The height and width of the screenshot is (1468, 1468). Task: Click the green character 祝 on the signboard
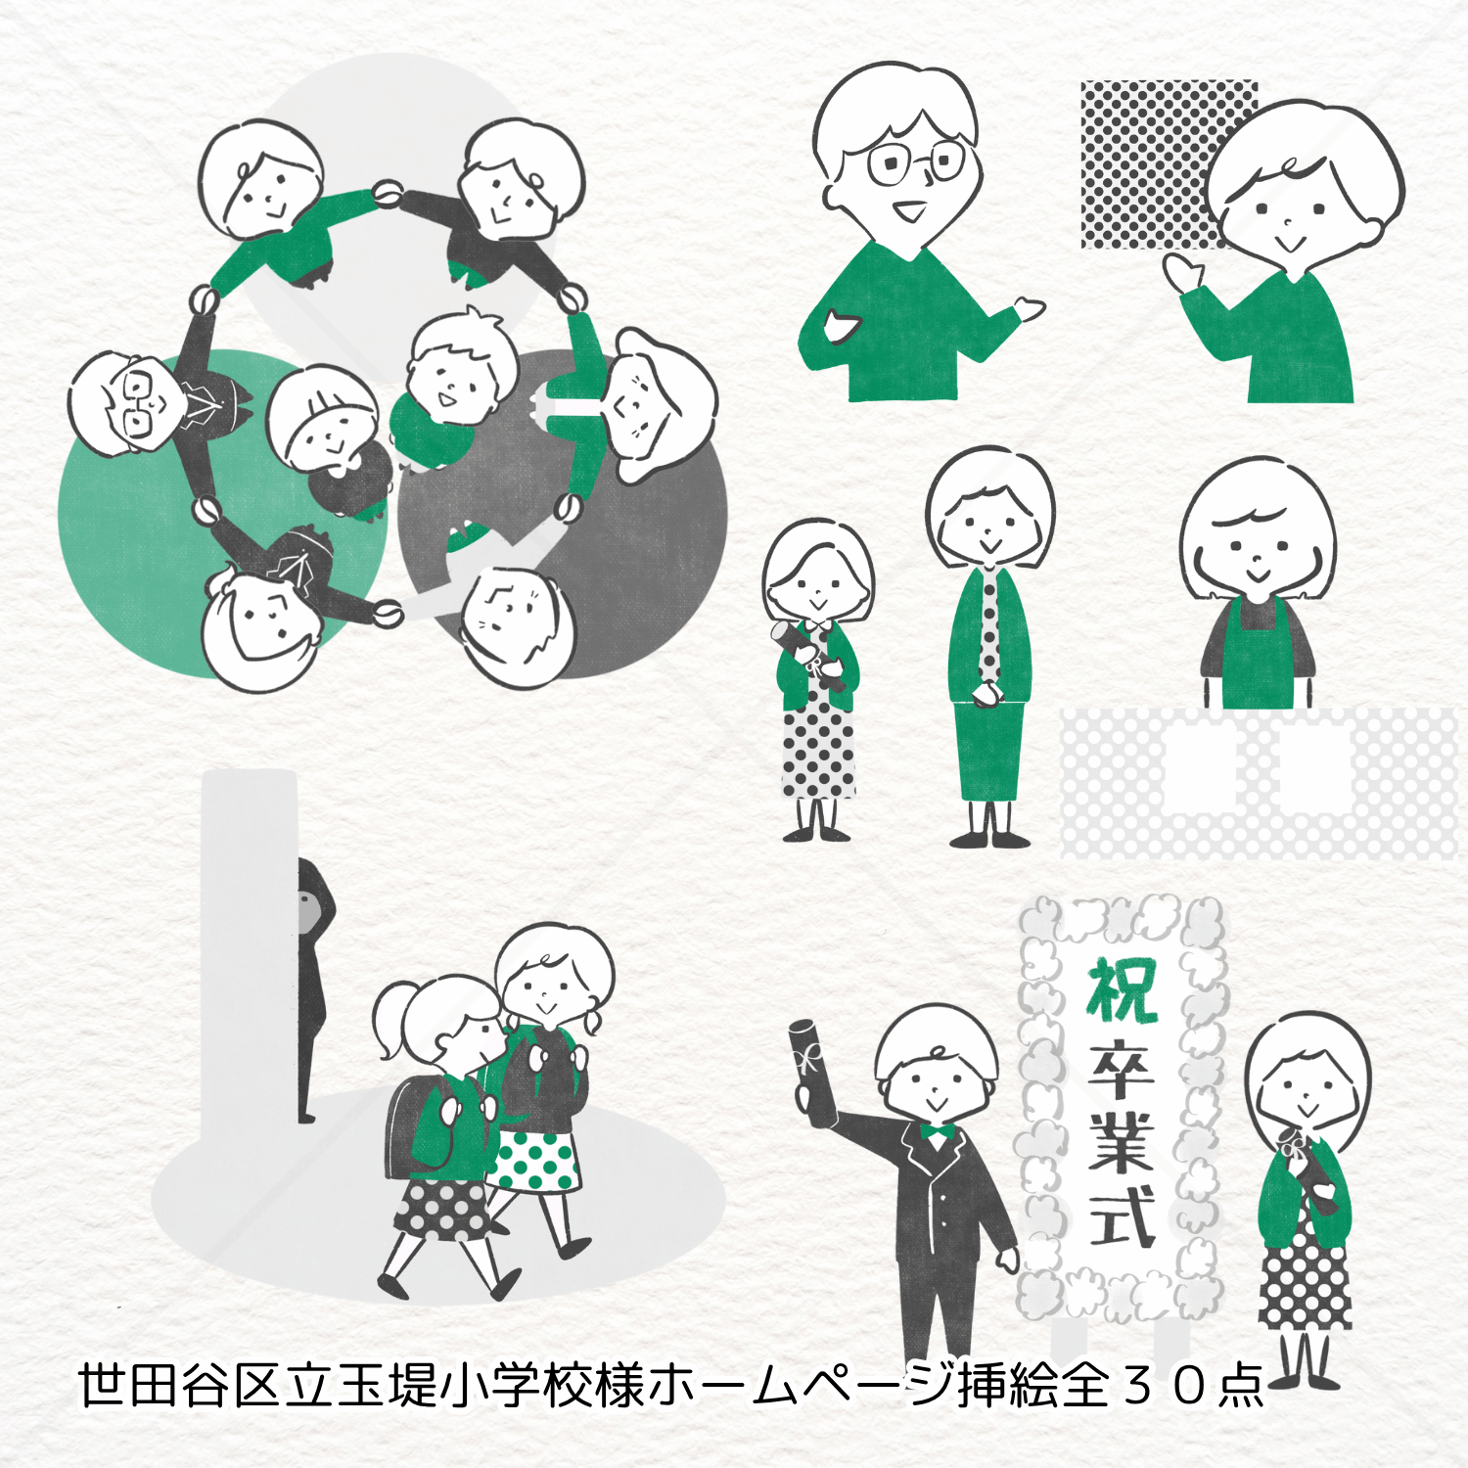tap(1123, 989)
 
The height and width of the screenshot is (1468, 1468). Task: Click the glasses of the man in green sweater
tap(916, 162)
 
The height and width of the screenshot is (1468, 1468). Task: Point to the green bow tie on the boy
tap(937, 1133)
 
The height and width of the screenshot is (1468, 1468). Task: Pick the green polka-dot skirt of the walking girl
tap(534, 1161)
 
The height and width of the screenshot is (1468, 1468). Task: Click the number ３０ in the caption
tap(1161, 1386)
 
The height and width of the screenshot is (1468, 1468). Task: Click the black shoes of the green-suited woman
tap(989, 838)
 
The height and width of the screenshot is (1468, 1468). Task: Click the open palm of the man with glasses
tap(1030, 310)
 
